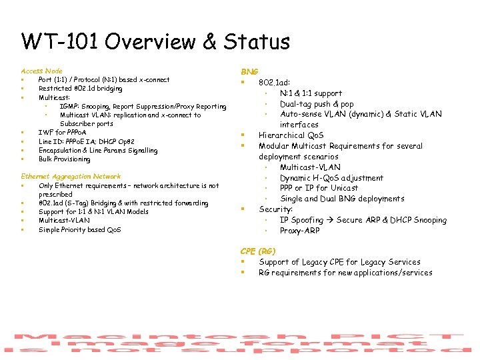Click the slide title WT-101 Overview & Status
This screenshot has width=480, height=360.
[155, 42]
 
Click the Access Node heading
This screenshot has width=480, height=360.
[41, 71]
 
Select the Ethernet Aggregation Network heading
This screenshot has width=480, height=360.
[71, 177]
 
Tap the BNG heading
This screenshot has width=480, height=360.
[249, 71]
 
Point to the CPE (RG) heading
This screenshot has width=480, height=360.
[257, 251]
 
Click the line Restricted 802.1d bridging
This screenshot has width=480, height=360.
[80, 89]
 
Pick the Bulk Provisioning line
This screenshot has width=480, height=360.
[64, 159]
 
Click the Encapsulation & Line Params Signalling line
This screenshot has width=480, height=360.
[98, 151]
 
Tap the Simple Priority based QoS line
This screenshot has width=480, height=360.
[79, 230]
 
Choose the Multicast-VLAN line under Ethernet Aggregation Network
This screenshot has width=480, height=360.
[64, 221]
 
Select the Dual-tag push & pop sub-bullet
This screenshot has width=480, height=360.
[317, 104]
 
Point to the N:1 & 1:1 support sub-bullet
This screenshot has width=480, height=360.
[311, 93]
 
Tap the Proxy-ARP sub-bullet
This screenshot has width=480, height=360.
[300, 231]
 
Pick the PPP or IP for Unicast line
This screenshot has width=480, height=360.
[319, 188]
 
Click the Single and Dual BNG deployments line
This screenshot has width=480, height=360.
[342, 199]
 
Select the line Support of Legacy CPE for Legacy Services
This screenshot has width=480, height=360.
[339, 262]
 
